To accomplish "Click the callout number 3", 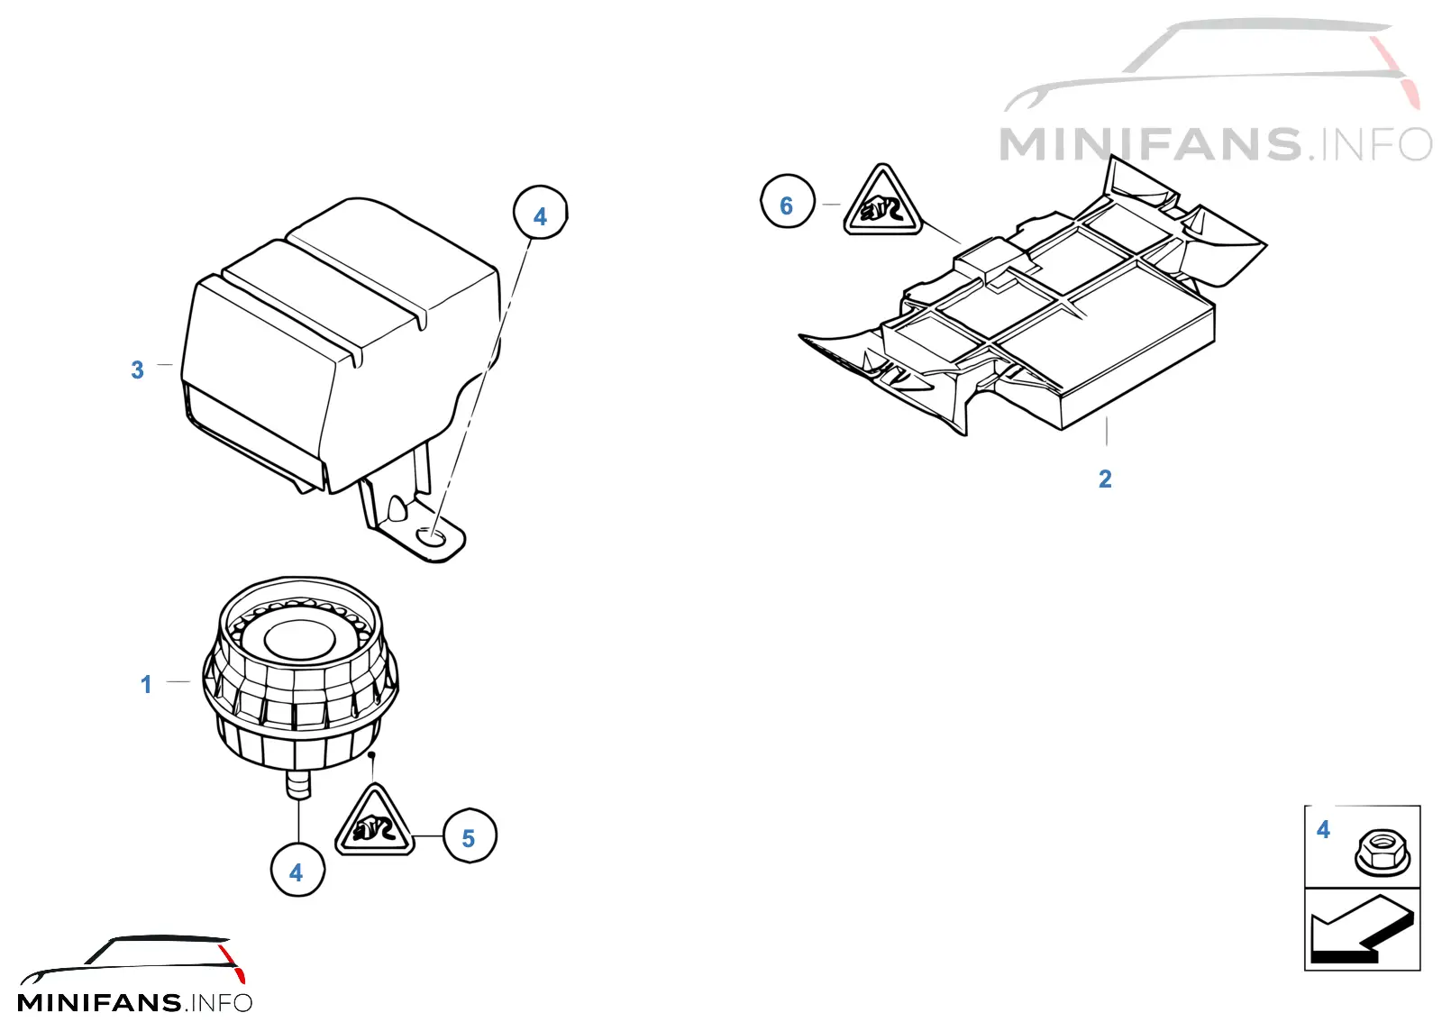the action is [x=137, y=370].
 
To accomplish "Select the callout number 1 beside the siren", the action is [x=146, y=684].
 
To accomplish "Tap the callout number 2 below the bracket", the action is [x=1105, y=479].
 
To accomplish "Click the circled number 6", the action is [x=787, y=202].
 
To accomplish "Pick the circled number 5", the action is [x=470, y=836].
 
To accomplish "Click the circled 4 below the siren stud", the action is [x=297, y=870].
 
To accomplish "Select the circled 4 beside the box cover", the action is [x=540, y=213].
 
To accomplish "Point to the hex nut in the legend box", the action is [x=1383, y=853].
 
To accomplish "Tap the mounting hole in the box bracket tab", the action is [x=432, y=535].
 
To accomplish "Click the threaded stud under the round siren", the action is [x=298, y=784].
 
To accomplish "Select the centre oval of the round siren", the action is [x=299, y=641].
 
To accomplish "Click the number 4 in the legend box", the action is [x=1323, y=829].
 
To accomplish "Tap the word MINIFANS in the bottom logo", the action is [x=100, y=1003].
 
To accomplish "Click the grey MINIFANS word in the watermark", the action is [x=1150, y=144].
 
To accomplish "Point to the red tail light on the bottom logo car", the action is [x=233, y=963].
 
